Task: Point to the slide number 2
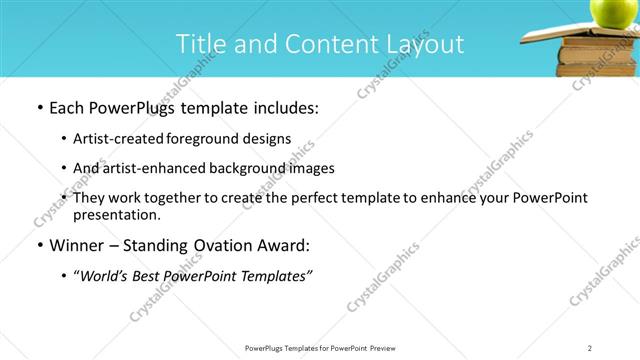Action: [x=590, y=347]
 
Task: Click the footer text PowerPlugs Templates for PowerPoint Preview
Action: [x=319, y=347]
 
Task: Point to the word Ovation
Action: [x=217, y=245]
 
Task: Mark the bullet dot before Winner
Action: [x=39, y=245]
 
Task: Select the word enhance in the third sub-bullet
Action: [x=450, y=198]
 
